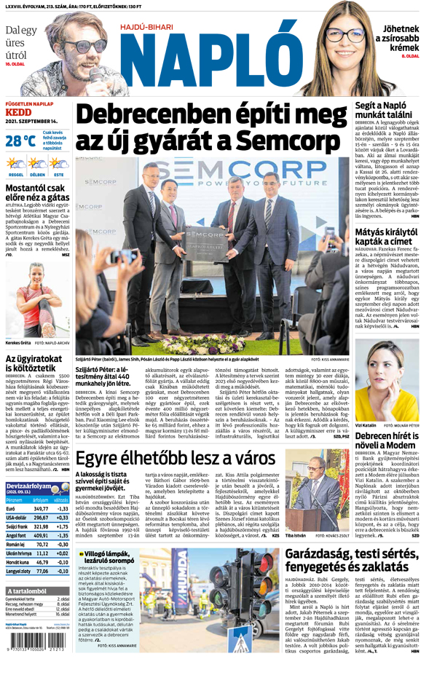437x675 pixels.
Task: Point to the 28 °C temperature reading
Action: point(20,140)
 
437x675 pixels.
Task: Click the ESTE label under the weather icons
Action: point(58,175)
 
